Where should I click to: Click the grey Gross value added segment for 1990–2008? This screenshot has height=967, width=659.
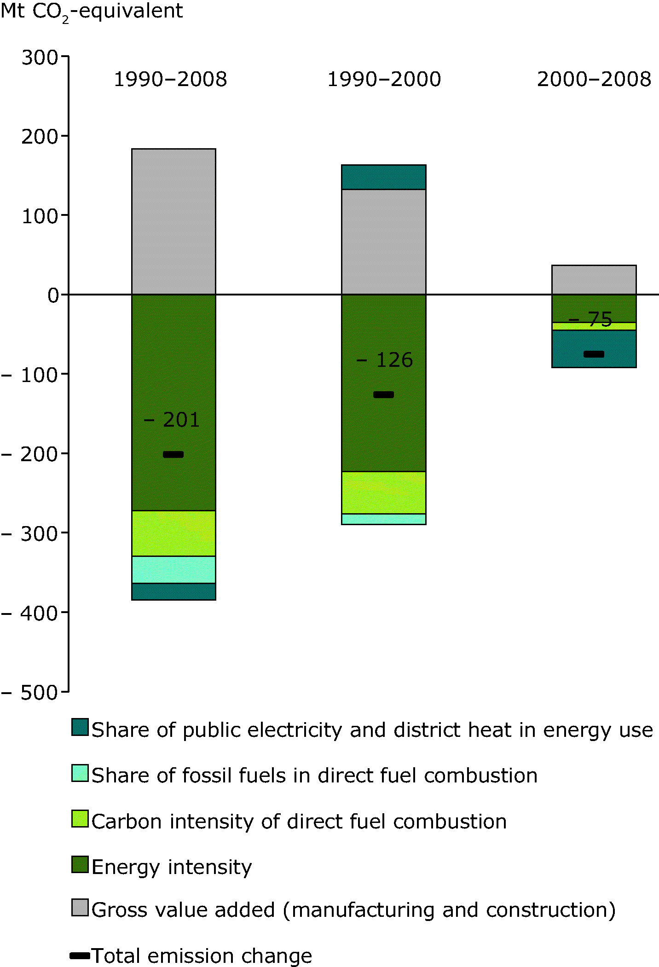(x=173, y=221)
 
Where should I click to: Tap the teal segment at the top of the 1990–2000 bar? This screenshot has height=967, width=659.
(x=383, y=177)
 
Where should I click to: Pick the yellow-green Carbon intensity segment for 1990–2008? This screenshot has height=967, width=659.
(x=173, y=533)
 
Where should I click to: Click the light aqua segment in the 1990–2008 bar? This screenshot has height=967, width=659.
(x=173, y=569)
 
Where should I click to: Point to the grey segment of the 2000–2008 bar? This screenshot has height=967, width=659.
(x=594, y=279)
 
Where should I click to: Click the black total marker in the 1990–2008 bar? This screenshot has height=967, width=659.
(x=173, y=454)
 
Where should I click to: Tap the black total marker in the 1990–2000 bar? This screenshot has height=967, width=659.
(x=383, y=394)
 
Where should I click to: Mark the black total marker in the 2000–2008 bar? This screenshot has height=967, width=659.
(x=594, y=354)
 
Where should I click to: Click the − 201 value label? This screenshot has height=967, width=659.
(x=172, y=420)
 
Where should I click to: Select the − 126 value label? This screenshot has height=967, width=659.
(x=385, y=360)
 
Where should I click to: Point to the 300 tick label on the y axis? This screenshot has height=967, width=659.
(x=40, y=58)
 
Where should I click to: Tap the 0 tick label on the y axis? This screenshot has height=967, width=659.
(x=53, y=295)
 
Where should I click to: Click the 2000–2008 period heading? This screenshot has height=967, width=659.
(x=594, y=79)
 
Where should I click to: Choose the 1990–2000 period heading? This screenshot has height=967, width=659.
(x=384, y=79)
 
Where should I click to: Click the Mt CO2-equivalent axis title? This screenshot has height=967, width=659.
(x=92, y=12)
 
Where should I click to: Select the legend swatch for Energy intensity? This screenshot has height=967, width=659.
(x=80, y=864)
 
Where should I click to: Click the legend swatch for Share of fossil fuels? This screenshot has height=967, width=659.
(x=80, y=773)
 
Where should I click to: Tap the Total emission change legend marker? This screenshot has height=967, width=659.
(x=80, y=955)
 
